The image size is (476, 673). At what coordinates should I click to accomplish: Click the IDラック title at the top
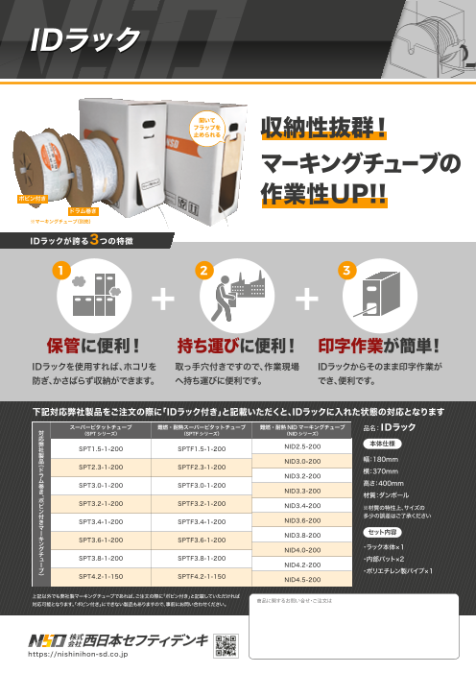pyautogui.click(x=76, y=37)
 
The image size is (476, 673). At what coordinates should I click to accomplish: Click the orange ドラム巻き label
pyautogui.click(x=82, y=208)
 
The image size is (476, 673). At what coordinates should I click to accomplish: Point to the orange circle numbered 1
pyautogui.click(x=60, y=273)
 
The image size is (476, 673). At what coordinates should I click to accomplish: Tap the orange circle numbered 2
pyautogui.click(x=203, y=273)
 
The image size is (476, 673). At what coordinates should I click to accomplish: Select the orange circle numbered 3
pyautogui.click(x=346, y=273)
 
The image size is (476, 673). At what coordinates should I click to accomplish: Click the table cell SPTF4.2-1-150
pyautogui.click(x=202, y=576)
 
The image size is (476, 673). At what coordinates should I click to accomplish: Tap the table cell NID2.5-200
pyautogui.click(x=302, y=447)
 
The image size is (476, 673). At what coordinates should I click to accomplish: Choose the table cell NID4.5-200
pyautogui.click(x=302, y=580)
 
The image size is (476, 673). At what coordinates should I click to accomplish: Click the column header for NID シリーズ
pyautogui.click(x=302, y=429)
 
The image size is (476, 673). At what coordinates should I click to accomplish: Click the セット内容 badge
pyautogui.click(x=376, y=530)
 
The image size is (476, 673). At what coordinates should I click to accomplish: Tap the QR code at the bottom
pyautogui.click(x=225, y=643)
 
